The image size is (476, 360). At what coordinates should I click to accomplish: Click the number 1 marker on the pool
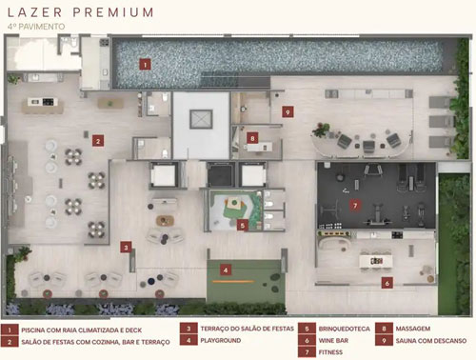pyautogui.click(x=145, y=65)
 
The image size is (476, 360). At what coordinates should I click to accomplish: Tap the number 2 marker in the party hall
pyautogui.click(x=98, y=141)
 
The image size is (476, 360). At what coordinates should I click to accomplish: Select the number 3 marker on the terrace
pyautogui.click(x=126, y=248)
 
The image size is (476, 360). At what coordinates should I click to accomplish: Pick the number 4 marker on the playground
pyautogui.click(x=226, y=270)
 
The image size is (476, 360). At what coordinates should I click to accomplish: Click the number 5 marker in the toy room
pyautogui.click(x=243, y=226)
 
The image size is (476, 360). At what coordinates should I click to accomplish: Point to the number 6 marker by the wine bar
pyautogui.click(x=387, y=283)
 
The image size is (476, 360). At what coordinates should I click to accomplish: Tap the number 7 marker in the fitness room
pyautogui.click(x=355, y=206)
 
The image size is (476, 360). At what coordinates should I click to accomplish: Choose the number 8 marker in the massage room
pyautogui.click(x=252, y=138)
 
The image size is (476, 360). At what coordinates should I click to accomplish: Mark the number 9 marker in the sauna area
pyautogui.click(x=288, y=112)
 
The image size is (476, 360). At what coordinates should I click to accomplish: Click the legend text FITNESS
pyautogui.click(x=330, y=352)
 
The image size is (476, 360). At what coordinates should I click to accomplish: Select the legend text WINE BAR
pyautogui.click(x=333, y=340)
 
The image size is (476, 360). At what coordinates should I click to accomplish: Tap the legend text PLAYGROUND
pyautogui.click(x=221, y=340)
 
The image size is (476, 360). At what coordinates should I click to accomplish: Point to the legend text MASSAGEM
pyautogui.click(x=413, y=329)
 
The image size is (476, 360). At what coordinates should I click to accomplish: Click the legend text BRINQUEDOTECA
pyautogui.click(x=345, y=329)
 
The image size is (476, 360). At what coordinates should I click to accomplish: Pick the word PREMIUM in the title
pyautogui.click(x=113, y=12)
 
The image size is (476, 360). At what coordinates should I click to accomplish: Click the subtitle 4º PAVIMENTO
pyautogui.click(x=36, y=27)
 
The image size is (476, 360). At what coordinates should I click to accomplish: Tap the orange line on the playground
pyautogui.click(x=233, y=281)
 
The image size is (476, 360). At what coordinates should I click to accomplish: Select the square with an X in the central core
pyautogui.click(x=201, y=119)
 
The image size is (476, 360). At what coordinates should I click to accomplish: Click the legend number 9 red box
pyautogui.click(x=384, y=340)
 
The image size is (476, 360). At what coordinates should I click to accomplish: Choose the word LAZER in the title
pyautogui.click(x=34, y=12)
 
